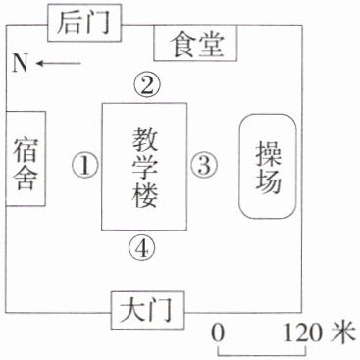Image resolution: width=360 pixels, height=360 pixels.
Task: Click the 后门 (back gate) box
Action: coord(84,24)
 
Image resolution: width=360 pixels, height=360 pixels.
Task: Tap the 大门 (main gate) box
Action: coord(147,310)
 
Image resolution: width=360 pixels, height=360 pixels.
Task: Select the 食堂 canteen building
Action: coord(195,43)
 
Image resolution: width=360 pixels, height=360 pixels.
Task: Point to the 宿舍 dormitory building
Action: coord(26,159)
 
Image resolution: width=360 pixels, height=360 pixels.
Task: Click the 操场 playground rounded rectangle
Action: coord(268,166)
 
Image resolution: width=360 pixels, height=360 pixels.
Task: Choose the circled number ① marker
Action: coord(85,166)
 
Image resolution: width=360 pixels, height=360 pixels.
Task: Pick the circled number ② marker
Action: coord(147,85)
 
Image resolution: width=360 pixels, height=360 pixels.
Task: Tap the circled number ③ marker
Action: coord(204,165)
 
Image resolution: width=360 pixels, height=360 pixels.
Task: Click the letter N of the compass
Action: coord(20,63)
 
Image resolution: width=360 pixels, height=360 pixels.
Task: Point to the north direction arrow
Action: coord(58,63)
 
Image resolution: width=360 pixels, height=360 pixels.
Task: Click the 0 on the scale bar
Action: coord(218,333)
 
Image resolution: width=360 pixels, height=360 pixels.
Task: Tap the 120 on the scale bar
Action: coord(303,333)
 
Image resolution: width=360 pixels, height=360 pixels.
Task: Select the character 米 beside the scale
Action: coord(342,333)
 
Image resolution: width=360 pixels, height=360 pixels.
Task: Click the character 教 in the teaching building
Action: coord(145,139)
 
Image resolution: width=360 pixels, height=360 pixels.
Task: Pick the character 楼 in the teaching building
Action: coord(145,196)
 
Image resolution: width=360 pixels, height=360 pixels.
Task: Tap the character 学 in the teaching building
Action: coord(145,168)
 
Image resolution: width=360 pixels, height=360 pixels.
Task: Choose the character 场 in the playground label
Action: coord(269,181)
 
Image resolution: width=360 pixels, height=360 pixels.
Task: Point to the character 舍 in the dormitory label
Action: coord(26,179)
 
